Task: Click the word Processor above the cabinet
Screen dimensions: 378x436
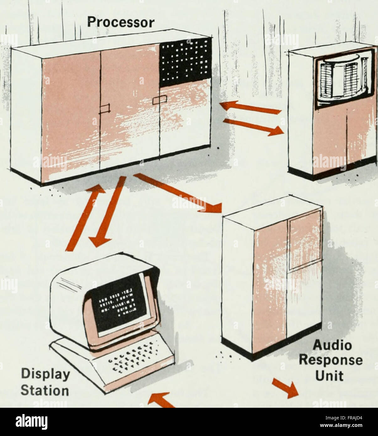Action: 121,22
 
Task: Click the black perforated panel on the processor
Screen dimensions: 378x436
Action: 185,62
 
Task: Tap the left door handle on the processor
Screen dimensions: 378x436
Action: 105,109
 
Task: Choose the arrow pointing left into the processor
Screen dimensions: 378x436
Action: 251,108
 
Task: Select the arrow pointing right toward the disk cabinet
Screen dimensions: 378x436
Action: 254,127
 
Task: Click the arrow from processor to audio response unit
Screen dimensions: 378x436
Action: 178,193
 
